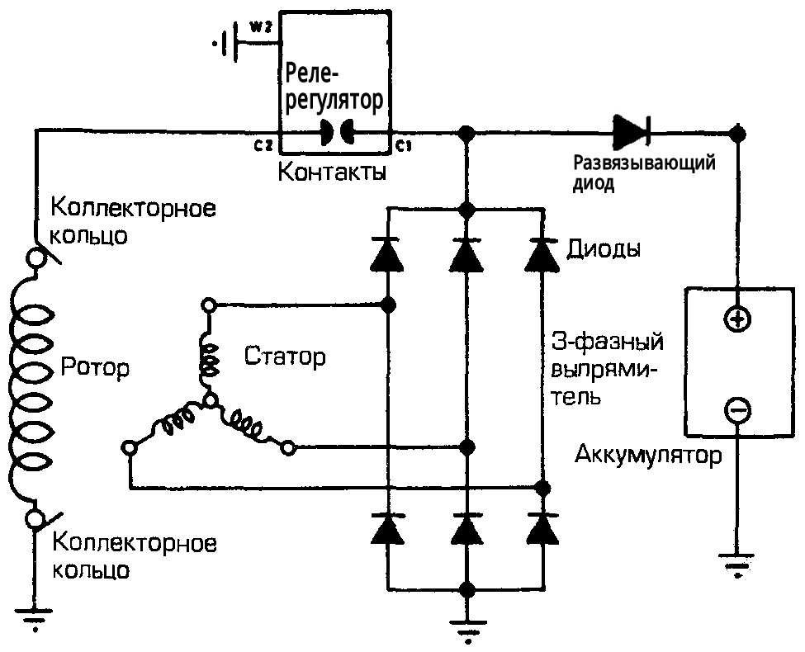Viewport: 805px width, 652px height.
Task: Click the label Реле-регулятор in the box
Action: tap(334, 88)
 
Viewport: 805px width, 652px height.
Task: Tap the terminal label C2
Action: tap(264, 146)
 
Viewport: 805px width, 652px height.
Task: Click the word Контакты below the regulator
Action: tap(332, 174)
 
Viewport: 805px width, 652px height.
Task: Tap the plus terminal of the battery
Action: tap(736, 320)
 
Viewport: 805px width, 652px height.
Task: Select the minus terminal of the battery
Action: tap(736, 407)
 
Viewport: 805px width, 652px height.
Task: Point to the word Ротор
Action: tap(94, 368)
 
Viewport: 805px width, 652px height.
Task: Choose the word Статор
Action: tap(285, 357)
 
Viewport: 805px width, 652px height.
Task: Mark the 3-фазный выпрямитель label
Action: tap(605, 368)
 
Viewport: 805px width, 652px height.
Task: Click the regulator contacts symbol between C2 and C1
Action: tap(335, 132)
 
